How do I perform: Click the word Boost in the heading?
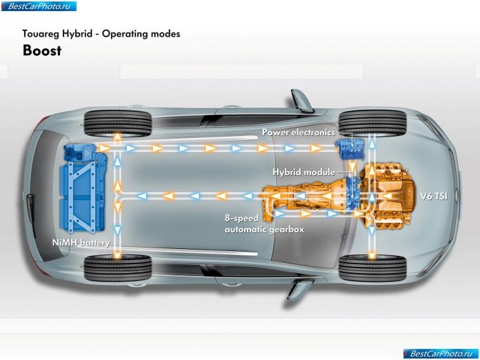[42, 50]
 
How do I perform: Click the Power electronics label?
[299, 132]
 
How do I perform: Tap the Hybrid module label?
[303, 172]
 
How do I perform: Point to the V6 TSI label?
[434, 196]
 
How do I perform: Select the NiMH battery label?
[81, 243]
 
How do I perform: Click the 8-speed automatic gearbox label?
[265, 223]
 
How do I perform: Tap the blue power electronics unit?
[352, 149]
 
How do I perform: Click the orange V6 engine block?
[389, 197]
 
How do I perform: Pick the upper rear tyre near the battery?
[118, 123]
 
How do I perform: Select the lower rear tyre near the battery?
[118, 268]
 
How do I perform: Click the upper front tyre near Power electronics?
[372, 123]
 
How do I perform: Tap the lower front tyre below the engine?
[372, 268]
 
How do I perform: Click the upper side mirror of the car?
[302, 100]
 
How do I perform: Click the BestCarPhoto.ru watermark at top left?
[39, 6]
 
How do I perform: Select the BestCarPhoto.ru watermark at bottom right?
[441, 354]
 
